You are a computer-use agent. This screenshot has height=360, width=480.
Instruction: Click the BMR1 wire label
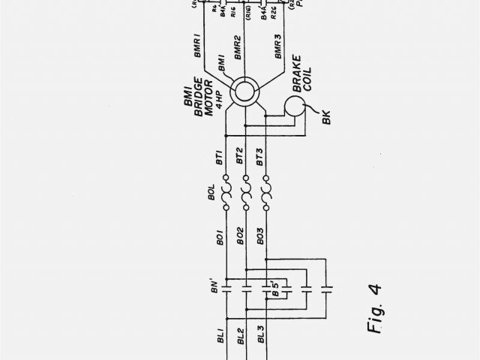[199, 45]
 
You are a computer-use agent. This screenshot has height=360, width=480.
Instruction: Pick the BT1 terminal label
[219, 158]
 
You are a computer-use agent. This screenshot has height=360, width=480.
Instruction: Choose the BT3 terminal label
[259, 158]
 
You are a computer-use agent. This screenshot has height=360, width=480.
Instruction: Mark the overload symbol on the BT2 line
[244, 197]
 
